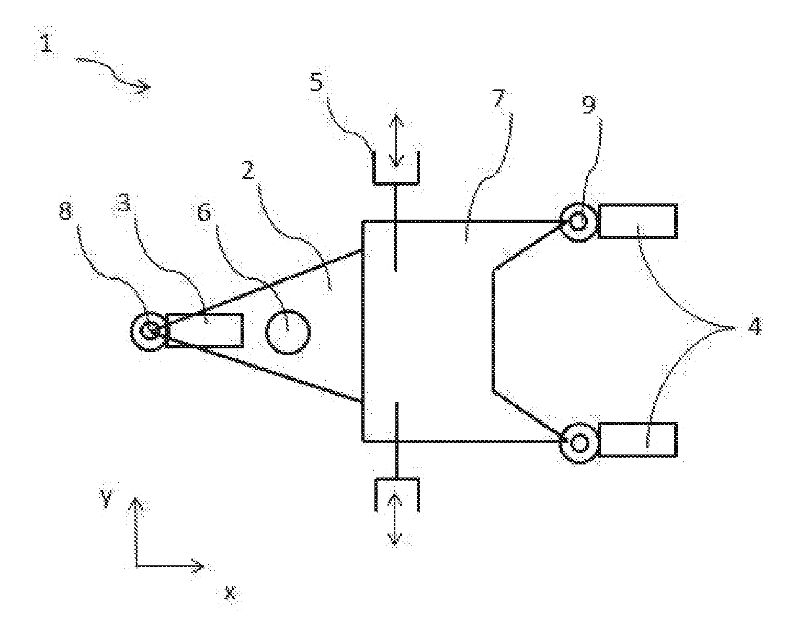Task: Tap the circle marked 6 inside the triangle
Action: point(288,332)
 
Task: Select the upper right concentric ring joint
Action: point(578,222)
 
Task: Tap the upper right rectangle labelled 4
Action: point(637,221)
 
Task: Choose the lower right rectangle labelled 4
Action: point(637,439)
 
